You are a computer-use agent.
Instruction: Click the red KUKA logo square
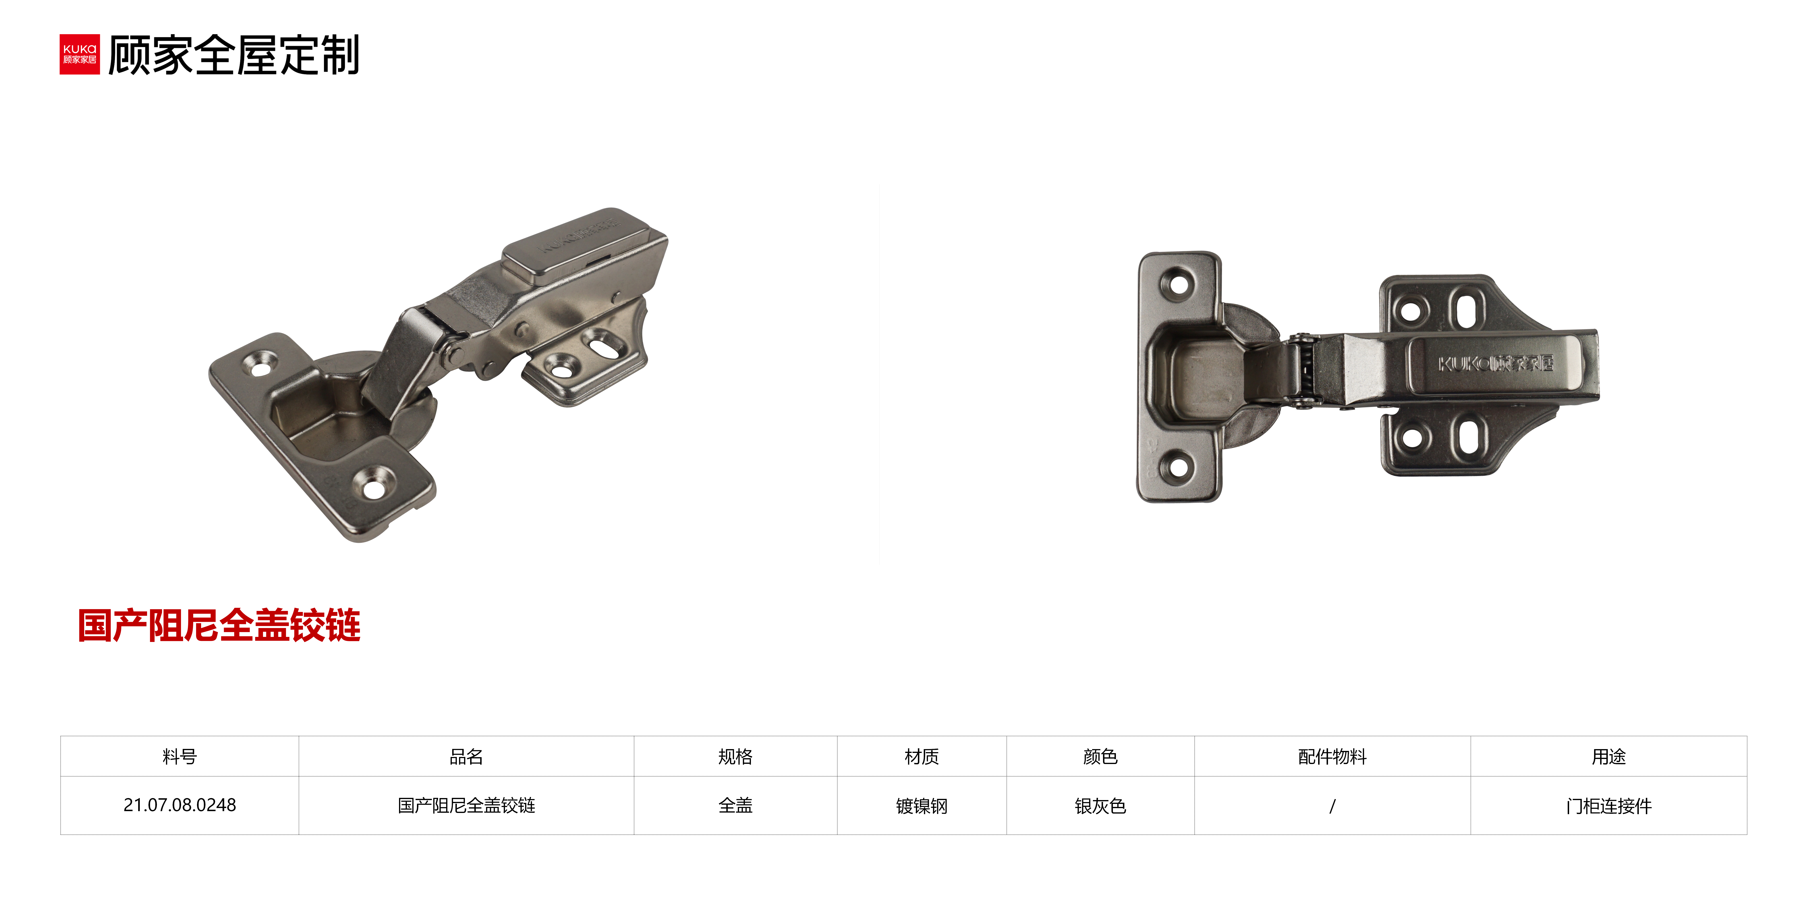[x=79, y=54]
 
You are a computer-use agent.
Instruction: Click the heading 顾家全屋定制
[x=234, y=55]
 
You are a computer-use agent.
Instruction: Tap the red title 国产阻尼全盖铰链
[x=219, y=625]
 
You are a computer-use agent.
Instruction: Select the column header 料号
[x=180, y=757]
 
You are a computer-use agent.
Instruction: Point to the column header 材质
[x=922, y=757]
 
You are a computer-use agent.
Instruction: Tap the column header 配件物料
[x=1332, y=757]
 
